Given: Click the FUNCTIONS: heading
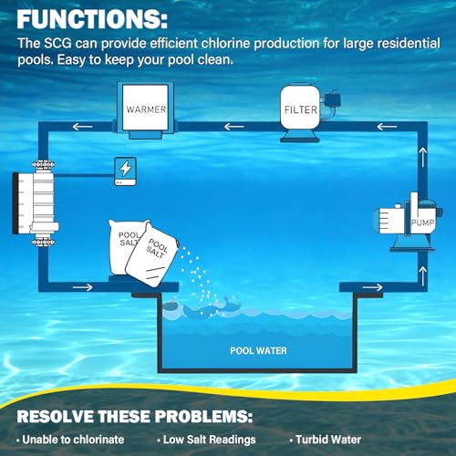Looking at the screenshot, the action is pos(92,19).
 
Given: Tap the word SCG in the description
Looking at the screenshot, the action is pos(57,44).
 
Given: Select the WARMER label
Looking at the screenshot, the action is pos(146,109).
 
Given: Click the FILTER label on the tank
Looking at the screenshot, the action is pos(301,109).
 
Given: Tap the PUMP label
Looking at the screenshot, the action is pos(422,223).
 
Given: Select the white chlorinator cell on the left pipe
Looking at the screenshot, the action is pos(36,202).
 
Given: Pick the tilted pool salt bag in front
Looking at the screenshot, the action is pos(152,254).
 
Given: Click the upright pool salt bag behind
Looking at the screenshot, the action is pos(125,246).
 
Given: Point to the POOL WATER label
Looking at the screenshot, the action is pos(258,351).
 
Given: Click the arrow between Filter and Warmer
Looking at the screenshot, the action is pos(234,127).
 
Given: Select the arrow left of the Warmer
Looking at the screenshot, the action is pos(83,127).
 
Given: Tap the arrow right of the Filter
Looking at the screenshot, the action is pos(387,127).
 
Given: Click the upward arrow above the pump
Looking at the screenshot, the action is pos(423,157).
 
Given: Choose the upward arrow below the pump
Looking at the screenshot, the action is pos(423,276).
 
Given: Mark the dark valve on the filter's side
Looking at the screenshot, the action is pos(332,98).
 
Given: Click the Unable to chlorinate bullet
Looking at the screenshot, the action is pos(70,440).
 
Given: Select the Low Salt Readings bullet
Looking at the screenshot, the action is pos(207,440).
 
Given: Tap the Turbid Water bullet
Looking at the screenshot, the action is pos(326,440).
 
